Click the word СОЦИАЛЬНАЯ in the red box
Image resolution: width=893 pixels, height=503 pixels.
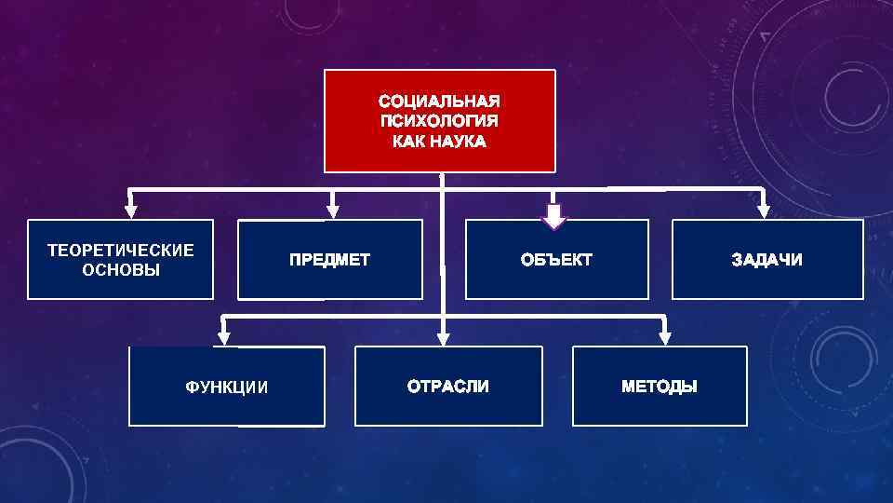439,101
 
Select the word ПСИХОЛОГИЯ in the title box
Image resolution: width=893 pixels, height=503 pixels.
439,121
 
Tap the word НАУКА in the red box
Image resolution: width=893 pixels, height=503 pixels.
455,143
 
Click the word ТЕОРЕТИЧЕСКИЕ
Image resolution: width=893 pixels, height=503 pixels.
121,250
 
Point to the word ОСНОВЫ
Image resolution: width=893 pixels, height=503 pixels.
121,270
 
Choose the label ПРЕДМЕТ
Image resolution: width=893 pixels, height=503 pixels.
329,260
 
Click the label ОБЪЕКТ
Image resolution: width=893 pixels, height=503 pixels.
556,260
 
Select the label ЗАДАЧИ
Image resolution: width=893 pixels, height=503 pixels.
766,260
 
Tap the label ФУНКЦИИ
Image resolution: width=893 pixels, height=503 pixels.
226,387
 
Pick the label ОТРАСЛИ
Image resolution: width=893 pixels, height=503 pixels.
447,386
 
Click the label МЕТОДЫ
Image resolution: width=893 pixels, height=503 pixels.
659,386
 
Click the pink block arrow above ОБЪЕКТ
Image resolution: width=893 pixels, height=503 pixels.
554,216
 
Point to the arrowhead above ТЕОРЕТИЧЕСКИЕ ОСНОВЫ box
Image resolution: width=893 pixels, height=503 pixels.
131,211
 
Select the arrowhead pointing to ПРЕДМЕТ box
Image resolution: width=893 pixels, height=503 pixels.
333,211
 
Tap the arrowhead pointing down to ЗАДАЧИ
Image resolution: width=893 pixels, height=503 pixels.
763,211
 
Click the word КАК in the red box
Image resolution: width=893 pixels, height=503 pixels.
407,143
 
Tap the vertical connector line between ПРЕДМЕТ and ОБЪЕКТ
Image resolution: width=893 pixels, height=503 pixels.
444,261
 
